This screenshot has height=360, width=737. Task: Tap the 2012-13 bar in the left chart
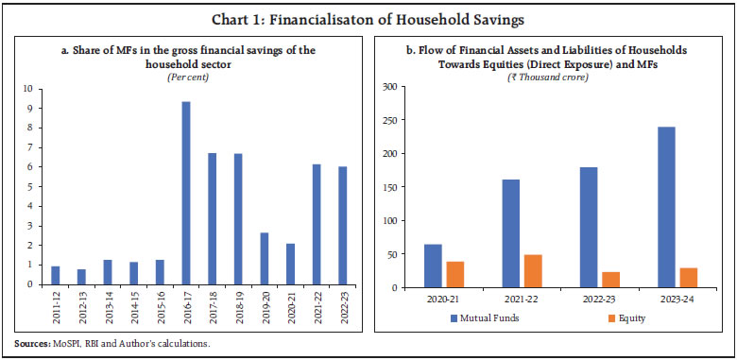pyautogui.click(x=81, y=277)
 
